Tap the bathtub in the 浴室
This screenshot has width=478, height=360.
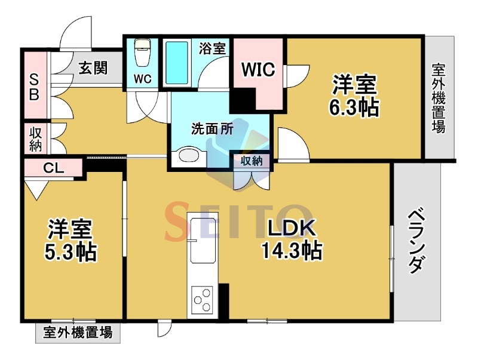(x=176, y=63)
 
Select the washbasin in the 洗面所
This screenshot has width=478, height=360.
(x=188, y=155)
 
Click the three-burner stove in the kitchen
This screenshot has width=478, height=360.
(x=203, y=300)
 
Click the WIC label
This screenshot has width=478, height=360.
(x=258, y=69)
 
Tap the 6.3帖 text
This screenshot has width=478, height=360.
(x=354, y=107)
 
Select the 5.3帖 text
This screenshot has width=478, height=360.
(x=71, y=251)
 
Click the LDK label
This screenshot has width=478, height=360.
(x=291, y=229)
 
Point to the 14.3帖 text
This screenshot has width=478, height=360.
(x=292, y=250)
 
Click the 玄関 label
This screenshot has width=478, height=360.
(x=93, y=68)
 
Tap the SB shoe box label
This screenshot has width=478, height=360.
(x=34, y=88)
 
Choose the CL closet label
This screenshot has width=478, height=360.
(x=53, y=168)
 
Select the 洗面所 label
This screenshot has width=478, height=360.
(x=213, y=129)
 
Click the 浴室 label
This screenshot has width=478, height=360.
(x=213, y=48)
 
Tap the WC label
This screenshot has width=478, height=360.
(x=143, y=79)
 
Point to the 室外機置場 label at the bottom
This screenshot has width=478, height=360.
(x=78, y=333)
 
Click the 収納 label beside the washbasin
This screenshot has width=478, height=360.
(x=252, y=161)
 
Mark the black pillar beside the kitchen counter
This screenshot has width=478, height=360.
(x=224, y=301)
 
